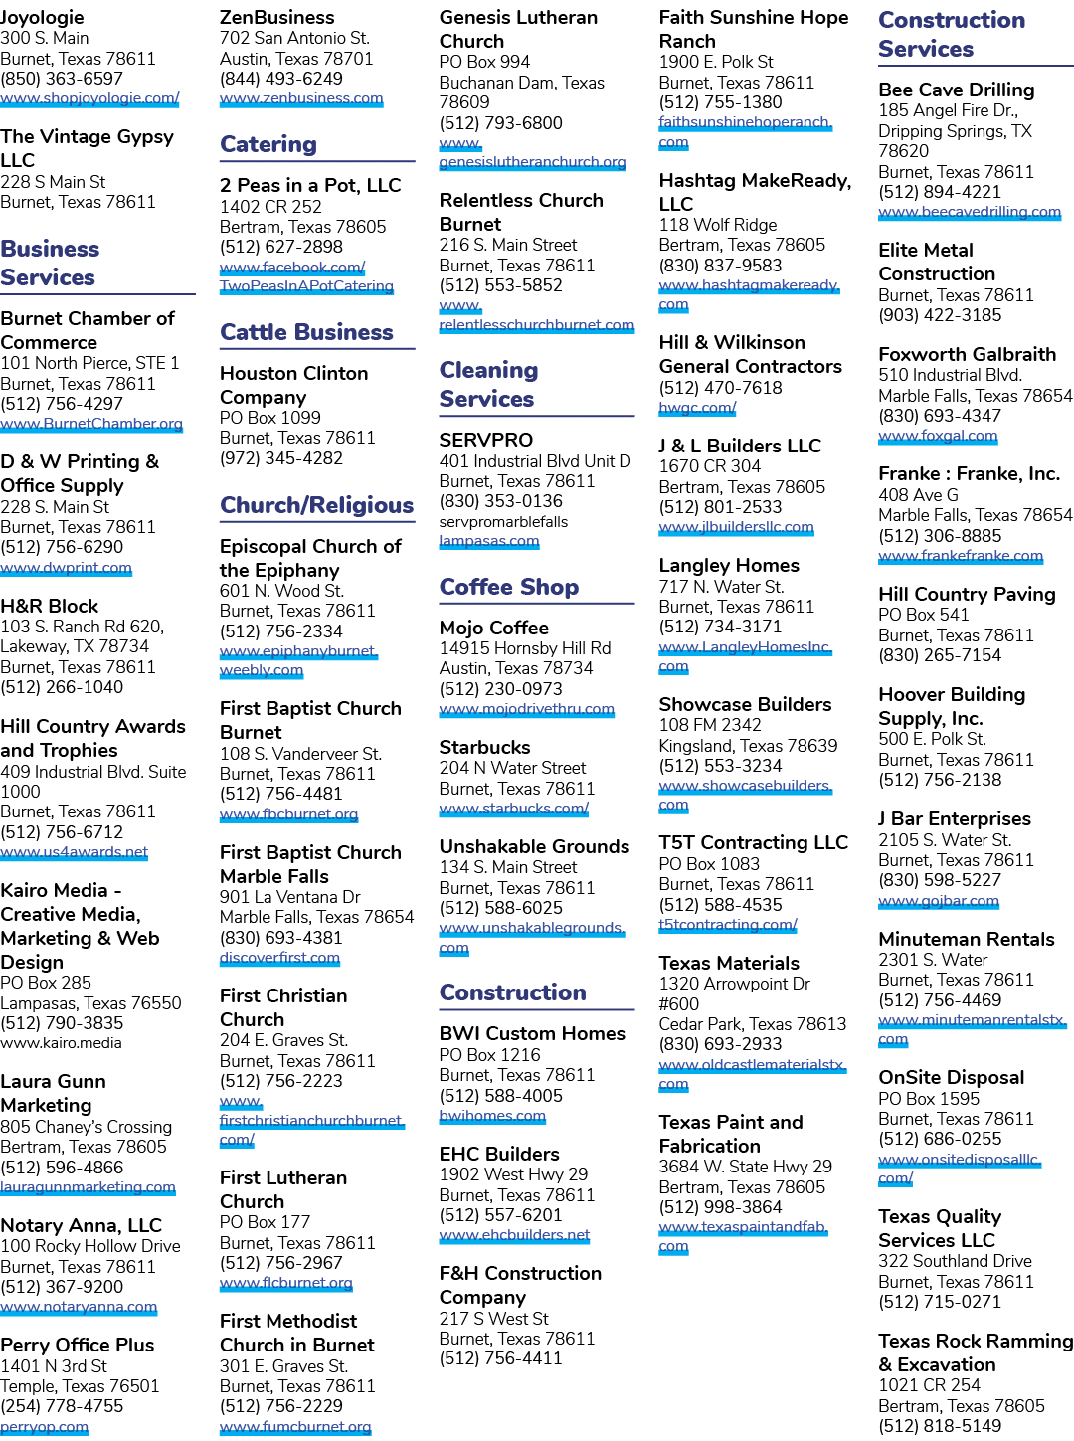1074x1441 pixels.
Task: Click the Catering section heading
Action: click(x=268, y=144)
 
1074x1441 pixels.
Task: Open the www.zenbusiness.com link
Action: click(x=301, y=98)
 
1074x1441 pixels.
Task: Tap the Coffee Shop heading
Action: click(x=509, y=587)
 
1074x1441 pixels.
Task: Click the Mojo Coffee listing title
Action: click(x=493, y=628)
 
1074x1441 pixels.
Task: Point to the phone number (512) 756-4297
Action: click(x=62, y=404)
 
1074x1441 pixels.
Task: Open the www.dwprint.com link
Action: click(x=66, y=568)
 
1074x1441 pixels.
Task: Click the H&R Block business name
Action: click(x=50, y=606)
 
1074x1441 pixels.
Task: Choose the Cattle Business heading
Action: click(x=306, y=332)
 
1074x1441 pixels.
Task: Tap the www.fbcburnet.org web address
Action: click(x=288, y=814)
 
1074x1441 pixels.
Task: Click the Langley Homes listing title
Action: click(x=729, y=565)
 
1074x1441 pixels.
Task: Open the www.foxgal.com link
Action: click(x=938, y=436)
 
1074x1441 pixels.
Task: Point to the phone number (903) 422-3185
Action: click(x=940, y=315)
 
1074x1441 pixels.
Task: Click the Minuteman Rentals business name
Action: click(x=967, y=939)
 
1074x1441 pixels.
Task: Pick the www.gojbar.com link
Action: click(x=939, y=901)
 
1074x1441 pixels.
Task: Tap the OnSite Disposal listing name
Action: click(x=952, y=1077)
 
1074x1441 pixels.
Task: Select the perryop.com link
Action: click(x=44, y=1426)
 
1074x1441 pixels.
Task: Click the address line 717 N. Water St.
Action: click(x=722, y=587)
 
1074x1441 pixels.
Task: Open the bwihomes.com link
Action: click(x=492, y=1116)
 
